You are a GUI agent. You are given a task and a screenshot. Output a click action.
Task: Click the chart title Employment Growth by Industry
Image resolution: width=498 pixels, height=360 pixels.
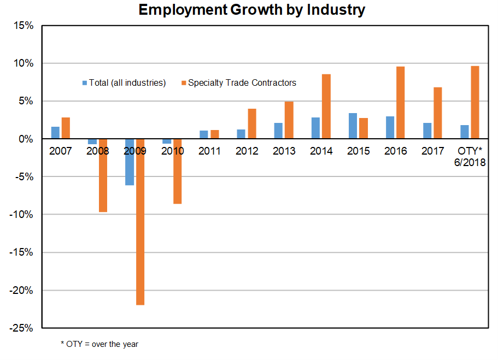(x=252, y=10)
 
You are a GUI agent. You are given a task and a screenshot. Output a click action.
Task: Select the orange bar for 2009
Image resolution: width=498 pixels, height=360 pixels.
(x=140, y=222)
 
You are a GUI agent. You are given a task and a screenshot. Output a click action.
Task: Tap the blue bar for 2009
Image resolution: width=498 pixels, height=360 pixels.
(x=130, y=162)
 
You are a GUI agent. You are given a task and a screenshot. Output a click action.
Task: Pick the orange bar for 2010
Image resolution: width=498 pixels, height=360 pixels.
(x=178, y=172)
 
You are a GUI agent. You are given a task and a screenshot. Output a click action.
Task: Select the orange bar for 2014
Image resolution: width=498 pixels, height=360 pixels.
(x=326, y=107)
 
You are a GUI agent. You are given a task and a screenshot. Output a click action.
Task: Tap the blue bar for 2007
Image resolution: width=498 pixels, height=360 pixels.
(x=55, y=133)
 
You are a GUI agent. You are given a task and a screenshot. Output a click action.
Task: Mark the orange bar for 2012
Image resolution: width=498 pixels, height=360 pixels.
(x=252, y=124)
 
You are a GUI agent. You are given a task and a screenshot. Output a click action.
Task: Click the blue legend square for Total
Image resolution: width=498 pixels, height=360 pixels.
(x=85, y=83)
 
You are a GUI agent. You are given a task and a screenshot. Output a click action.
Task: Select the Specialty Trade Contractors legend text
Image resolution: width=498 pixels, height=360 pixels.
(x=242, y=83)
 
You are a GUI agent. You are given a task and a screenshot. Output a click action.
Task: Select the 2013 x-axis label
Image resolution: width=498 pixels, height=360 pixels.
(x=284, y=151)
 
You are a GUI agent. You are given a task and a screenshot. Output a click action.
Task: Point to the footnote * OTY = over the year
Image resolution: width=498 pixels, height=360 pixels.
(x=100, y=344)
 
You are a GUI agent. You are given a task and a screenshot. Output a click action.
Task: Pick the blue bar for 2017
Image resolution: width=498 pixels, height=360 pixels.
(x=427, y=131)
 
